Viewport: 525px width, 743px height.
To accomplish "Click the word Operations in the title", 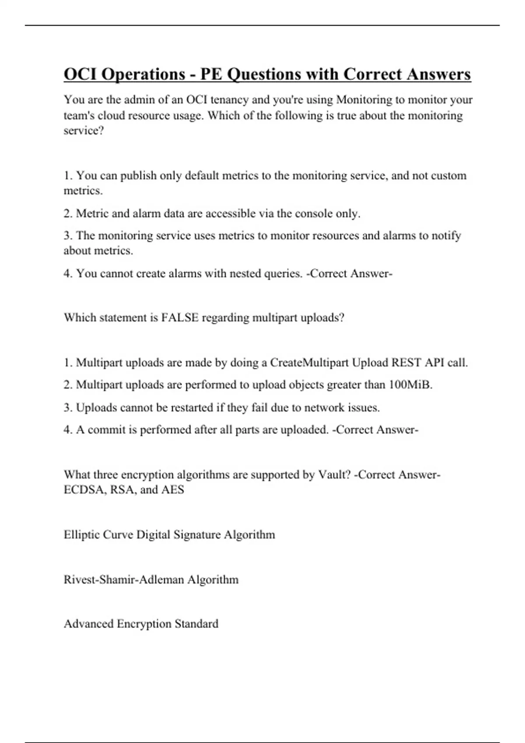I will click(x=143, y=75).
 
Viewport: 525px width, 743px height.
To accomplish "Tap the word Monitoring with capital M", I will click(x=364, y=100).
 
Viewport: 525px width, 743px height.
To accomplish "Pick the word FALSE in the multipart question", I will click(x=180, y=318).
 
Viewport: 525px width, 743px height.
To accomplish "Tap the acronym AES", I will click(x=172, y=490).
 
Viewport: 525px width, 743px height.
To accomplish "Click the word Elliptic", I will click(x=81, y=535).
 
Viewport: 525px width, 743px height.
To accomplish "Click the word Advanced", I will click(x=88, y=624).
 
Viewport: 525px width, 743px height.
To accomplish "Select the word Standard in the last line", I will click(x=196, y=624).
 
